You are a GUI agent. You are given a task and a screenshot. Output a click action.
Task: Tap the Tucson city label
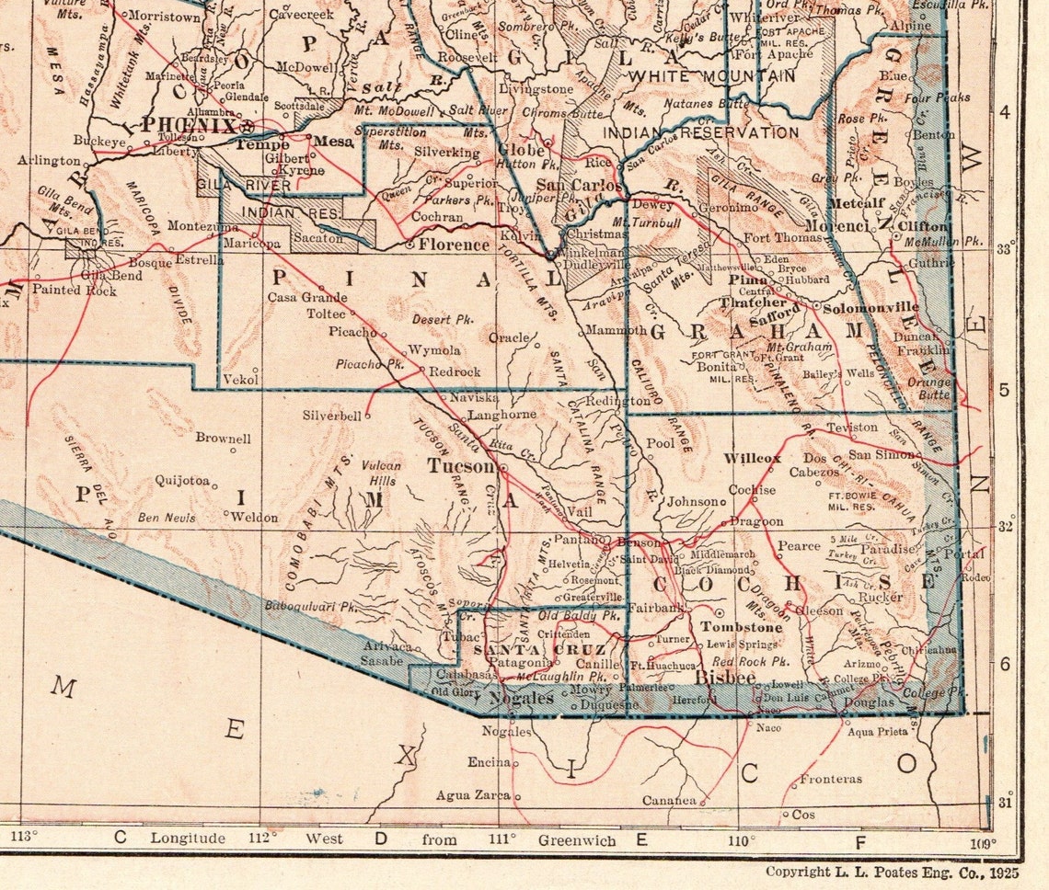tap(461, 466)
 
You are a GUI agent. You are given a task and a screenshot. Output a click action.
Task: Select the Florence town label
tap(454, 245)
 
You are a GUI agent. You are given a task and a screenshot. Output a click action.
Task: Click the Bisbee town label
tap(724, 679)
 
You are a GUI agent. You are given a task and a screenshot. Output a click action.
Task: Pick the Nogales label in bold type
tap(521, 698)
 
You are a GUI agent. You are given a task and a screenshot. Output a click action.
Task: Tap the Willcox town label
tap(752, 458)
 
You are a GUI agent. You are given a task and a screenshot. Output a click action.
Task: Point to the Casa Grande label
tap(307, 297)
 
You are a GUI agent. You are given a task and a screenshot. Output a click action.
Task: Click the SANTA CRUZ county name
tap(527, 649)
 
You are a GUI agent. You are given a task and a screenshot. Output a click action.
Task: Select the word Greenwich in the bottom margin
tap(577, 839)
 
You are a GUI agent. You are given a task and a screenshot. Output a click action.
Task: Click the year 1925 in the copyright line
tap(1000, 871)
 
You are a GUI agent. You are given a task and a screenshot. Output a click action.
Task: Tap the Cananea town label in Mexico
tap(669, 800)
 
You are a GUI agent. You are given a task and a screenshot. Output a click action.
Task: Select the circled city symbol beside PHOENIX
tap(247, 126)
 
